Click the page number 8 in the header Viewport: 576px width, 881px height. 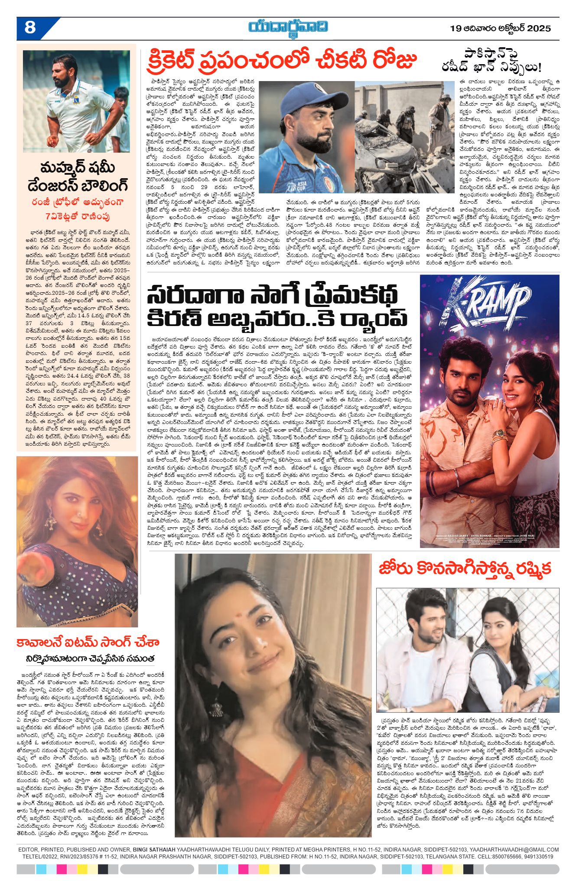pos(30,28)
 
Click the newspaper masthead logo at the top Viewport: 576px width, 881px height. pos(288,27)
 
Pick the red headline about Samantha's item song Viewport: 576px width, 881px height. pos(88,643)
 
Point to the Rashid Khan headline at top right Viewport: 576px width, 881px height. pos(491,61)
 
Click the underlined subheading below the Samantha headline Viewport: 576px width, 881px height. pos(90,659)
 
